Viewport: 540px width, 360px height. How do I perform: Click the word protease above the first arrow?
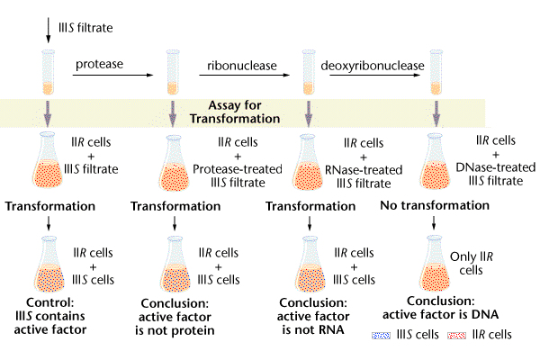coord(99,65)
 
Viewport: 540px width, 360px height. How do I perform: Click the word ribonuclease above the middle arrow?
coord(238,65)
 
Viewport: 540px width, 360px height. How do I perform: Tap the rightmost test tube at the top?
coord(436,72)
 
